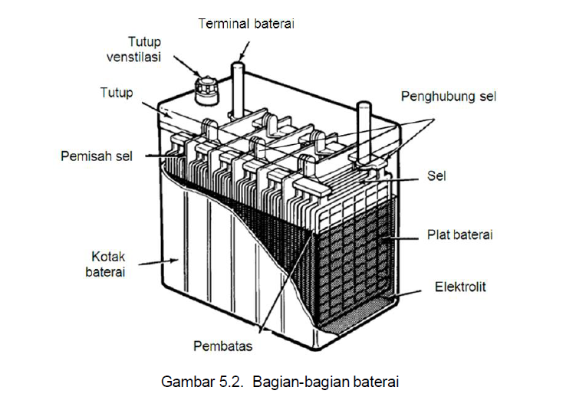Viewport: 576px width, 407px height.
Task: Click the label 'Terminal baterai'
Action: pyautogui.click(x=246, y=24)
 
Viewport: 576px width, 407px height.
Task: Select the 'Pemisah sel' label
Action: pyautogui.click(x=97, y=156)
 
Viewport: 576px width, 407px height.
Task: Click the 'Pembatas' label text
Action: pyautogui.click(x=223, y=346)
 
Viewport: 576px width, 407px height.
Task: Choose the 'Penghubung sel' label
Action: pyautogui.click(x=449, y=97)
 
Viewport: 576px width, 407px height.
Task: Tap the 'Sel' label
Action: pyautogui.click(x=436, y=176)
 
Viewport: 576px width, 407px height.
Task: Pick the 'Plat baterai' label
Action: pyautogui.click(x=459, y=234)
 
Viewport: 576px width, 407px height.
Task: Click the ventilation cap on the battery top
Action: pyautogui.click(x=205, y=90)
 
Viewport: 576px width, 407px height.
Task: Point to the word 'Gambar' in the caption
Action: pyautogui.click(x=184, y=381)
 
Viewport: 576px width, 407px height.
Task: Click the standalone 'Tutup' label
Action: pyautogui.click(x=117, y=93)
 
